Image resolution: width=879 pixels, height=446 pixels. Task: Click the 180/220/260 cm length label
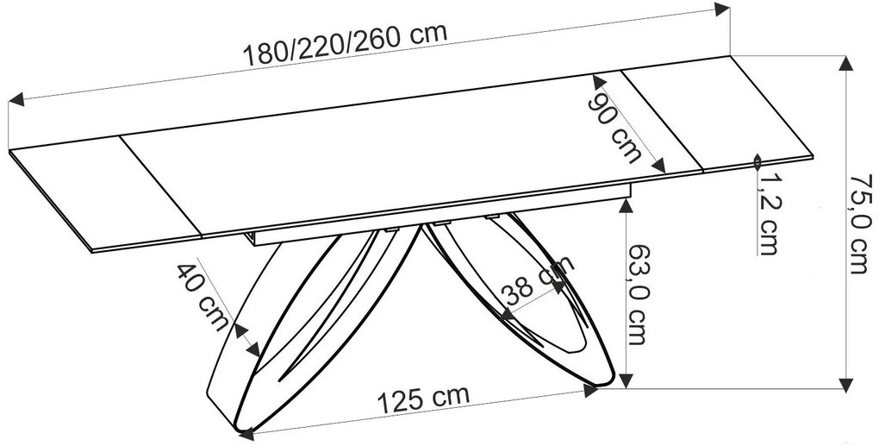[346, 44]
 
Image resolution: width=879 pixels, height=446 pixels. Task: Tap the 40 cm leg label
[203, 298]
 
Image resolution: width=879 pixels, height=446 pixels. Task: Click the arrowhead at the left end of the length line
[16, 100]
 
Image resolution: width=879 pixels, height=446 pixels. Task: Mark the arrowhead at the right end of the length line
[723, 8]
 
